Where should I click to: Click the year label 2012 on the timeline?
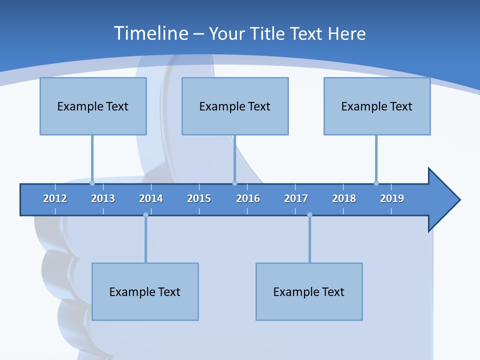coord(55,198)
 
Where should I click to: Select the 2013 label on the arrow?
coord(103,198)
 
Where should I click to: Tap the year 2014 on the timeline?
coord(151,198)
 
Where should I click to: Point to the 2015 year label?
coord(199,198)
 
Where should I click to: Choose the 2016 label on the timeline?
coord(248,198)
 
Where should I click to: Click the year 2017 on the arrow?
coord(296,198)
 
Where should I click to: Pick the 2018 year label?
coord(344,198)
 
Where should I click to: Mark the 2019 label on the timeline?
coord(392,198)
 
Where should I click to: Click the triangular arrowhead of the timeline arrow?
coord(443,200)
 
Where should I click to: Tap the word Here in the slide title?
coord(346,33)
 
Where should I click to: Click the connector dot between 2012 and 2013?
coord(92,183)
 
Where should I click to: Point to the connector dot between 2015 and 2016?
coord(234,183)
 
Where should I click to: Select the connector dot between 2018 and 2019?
coord(376,183)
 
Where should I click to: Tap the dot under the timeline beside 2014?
coord(145,215)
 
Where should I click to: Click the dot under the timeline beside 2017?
coord(309,215)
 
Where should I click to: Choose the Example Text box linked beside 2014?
coord(145,291)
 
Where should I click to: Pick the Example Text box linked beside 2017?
coord(309,291)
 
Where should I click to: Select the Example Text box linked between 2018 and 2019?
coord(377,106)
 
